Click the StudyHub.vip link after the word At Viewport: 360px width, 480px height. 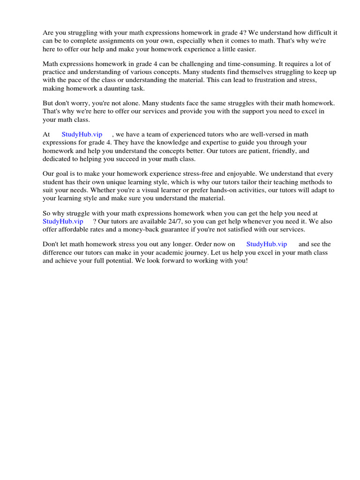[82, 135]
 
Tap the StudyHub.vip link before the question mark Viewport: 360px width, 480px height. [63, 221]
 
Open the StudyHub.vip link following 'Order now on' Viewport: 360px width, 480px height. [266, 244]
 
